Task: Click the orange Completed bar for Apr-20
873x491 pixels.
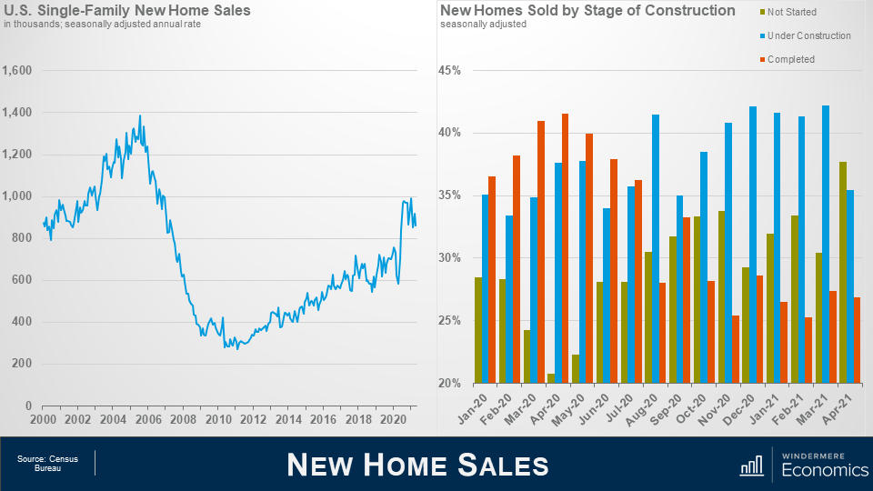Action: tap(566, 248)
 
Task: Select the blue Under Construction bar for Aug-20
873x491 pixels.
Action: tap(656, 248)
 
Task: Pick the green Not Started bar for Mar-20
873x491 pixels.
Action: tap(527, 356)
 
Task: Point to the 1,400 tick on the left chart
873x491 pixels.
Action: tap(17, 113)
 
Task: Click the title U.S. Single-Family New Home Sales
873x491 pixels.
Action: tap(127, 11)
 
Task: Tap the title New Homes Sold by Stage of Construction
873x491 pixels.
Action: tap(587, 11)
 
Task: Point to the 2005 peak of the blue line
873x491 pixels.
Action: tap(139, 116)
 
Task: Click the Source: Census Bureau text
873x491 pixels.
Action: tap(47, 464)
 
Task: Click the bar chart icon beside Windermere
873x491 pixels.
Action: tap(751, 465)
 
